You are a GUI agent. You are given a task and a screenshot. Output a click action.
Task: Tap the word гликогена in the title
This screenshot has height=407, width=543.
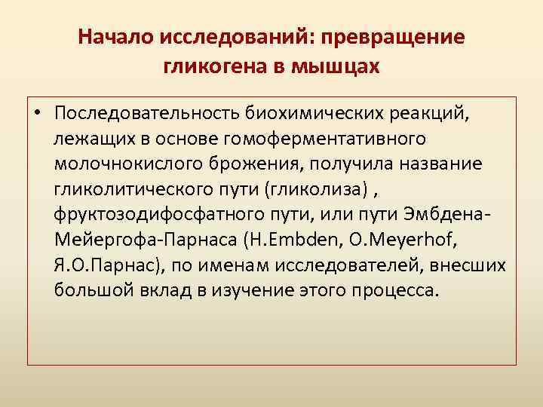click(x=213, y=66)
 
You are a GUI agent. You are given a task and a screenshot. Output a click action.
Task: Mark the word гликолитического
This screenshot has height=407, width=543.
click(x=145, y=189)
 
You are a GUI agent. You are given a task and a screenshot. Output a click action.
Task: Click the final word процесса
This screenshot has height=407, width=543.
click(x=397, y=290)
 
